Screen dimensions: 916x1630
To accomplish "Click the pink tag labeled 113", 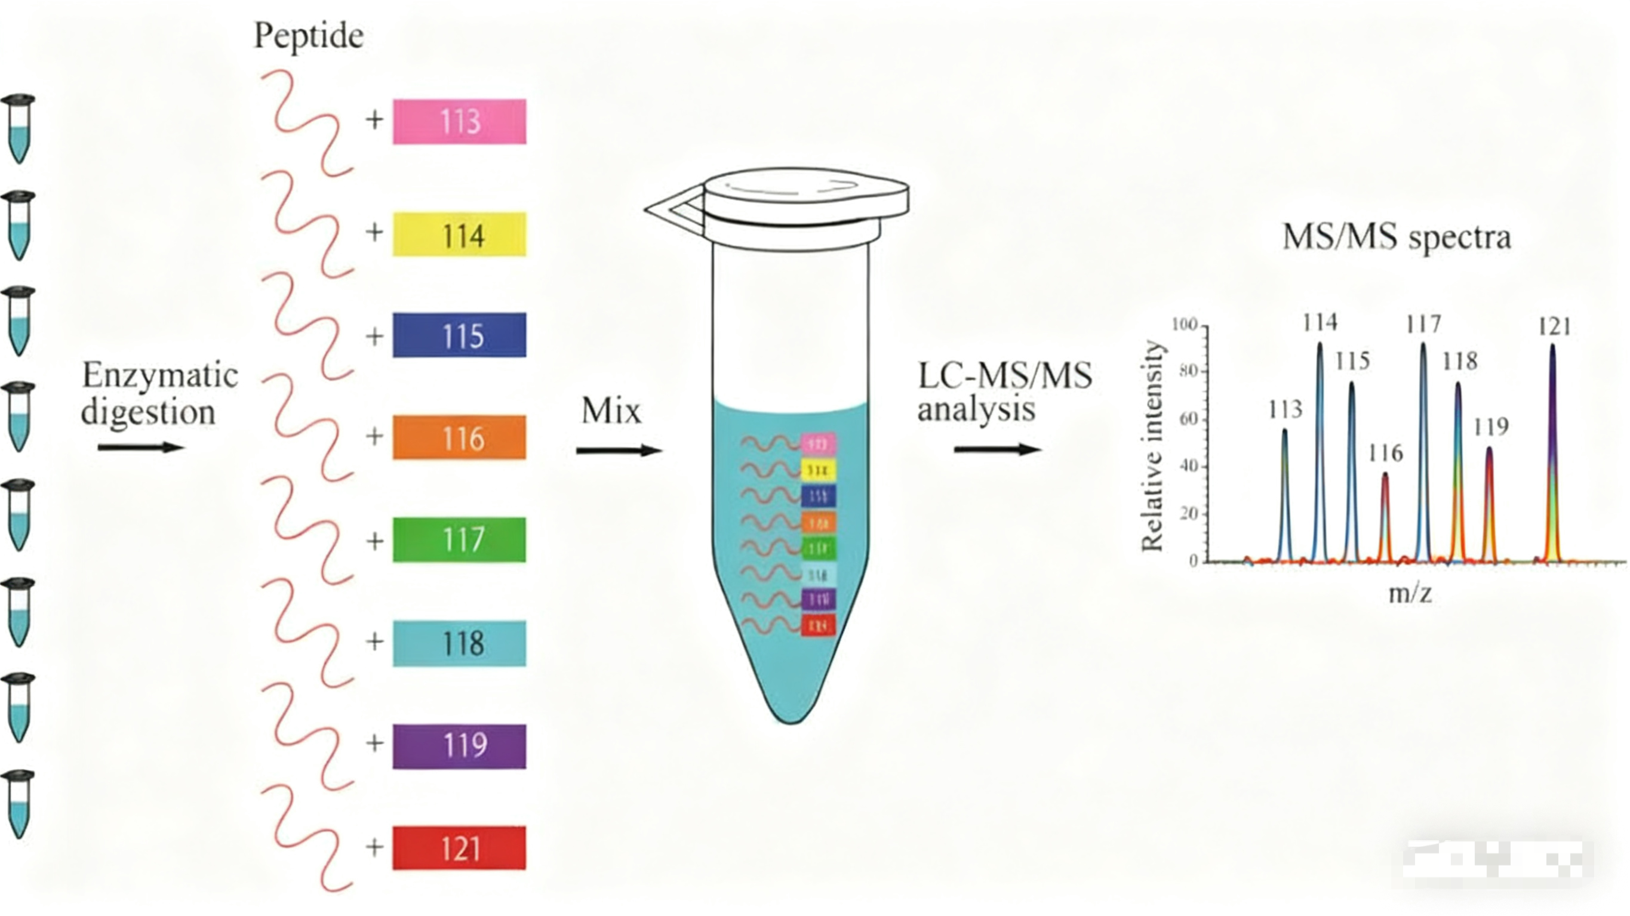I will pos(459,122).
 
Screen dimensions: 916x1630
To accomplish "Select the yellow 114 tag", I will pos(459,234).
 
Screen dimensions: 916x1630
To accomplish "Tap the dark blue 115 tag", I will pos(459,335).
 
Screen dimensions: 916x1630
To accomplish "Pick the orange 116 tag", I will pos(459,437).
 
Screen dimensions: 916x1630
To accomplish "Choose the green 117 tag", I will pos(459,539).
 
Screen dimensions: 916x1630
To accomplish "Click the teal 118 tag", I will pos(459,643).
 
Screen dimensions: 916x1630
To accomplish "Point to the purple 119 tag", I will pos(459,746).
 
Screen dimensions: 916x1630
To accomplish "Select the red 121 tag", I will pos(459,848).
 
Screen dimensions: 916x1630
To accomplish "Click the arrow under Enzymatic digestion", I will pos(140,447).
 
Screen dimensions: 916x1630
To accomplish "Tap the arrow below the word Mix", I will pos(619,451).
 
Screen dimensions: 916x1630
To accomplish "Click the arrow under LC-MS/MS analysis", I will pos(997,449).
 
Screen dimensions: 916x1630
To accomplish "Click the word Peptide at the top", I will pos(309,35).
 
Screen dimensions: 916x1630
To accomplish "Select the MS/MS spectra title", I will pos(1396,238).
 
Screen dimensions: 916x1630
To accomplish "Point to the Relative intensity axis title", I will pos(1152,446).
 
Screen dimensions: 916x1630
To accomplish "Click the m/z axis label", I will pos(1410,593).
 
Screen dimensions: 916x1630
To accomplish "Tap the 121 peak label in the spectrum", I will pos(1554,327).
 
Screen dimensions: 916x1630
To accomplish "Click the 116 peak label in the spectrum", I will pos(1385,454).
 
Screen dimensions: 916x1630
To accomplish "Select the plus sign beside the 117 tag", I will pos(374,541).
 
